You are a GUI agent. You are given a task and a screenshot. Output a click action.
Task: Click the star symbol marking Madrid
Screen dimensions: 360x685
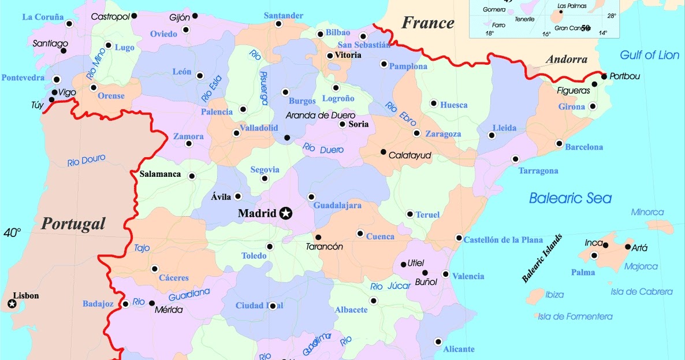(285, 214)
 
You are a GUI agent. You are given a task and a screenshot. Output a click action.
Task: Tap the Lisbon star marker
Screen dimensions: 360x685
(12, 304)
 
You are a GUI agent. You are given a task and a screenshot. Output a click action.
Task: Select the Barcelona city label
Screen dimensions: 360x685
(584, 147)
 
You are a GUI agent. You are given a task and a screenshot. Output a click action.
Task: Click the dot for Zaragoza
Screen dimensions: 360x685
(416, 133)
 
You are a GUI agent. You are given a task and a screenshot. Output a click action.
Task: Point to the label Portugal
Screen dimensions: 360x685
(73, 224)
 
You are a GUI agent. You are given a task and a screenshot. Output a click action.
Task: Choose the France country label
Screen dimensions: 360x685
(427, 23)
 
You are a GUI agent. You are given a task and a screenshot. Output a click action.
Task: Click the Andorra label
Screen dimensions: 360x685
(566, 60)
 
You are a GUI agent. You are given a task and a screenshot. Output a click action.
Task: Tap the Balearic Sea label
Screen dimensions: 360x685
(570, 198)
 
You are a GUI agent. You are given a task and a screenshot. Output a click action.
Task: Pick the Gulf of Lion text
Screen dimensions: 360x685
(649, 55)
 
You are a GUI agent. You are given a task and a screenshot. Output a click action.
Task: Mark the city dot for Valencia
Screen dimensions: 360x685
(445, 274)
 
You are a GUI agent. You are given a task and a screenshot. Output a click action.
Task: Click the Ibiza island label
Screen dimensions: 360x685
(554, 295)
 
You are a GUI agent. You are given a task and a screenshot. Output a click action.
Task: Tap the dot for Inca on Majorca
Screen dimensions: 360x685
(605, 245)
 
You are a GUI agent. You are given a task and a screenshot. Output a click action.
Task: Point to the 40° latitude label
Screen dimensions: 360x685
(12, 233)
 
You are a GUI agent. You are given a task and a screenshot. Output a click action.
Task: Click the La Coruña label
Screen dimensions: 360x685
(43, 17)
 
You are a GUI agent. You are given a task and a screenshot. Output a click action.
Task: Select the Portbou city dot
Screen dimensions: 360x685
(604, 76)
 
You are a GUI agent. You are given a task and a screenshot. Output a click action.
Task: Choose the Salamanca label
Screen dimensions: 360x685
(160, 174)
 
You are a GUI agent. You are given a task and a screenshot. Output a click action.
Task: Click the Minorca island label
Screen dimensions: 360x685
(647, 212)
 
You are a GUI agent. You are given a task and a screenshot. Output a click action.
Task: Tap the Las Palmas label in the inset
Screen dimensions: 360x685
(571, 6)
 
